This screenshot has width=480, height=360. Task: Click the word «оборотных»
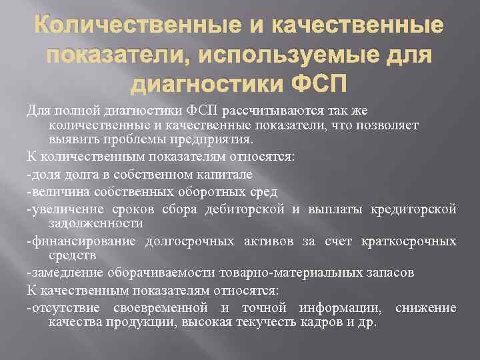(x=205, y=192)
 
